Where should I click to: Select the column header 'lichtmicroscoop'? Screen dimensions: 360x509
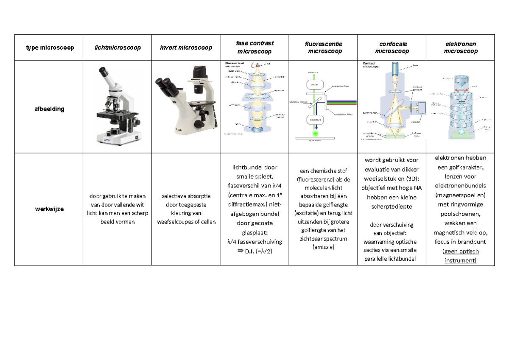[117, 47]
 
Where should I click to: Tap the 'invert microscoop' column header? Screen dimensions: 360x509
[186, 47]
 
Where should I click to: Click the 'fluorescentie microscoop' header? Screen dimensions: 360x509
[323, 47]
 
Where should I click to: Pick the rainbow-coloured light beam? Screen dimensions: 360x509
[343, 102]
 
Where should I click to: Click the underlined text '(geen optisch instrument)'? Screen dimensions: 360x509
[460, 256]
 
